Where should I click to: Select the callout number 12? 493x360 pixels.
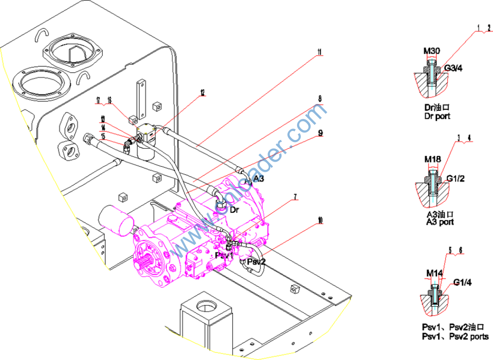203,92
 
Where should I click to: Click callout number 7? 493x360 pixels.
295,196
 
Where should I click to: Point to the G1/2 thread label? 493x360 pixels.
455,180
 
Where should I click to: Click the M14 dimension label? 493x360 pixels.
434,274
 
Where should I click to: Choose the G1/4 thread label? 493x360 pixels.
462,282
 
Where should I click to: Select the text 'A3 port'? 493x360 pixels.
440,222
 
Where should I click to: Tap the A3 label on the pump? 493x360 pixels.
259,179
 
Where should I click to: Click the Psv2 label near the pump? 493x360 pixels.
256,262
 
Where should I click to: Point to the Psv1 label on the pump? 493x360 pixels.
224,255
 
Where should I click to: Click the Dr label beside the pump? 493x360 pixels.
234,210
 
